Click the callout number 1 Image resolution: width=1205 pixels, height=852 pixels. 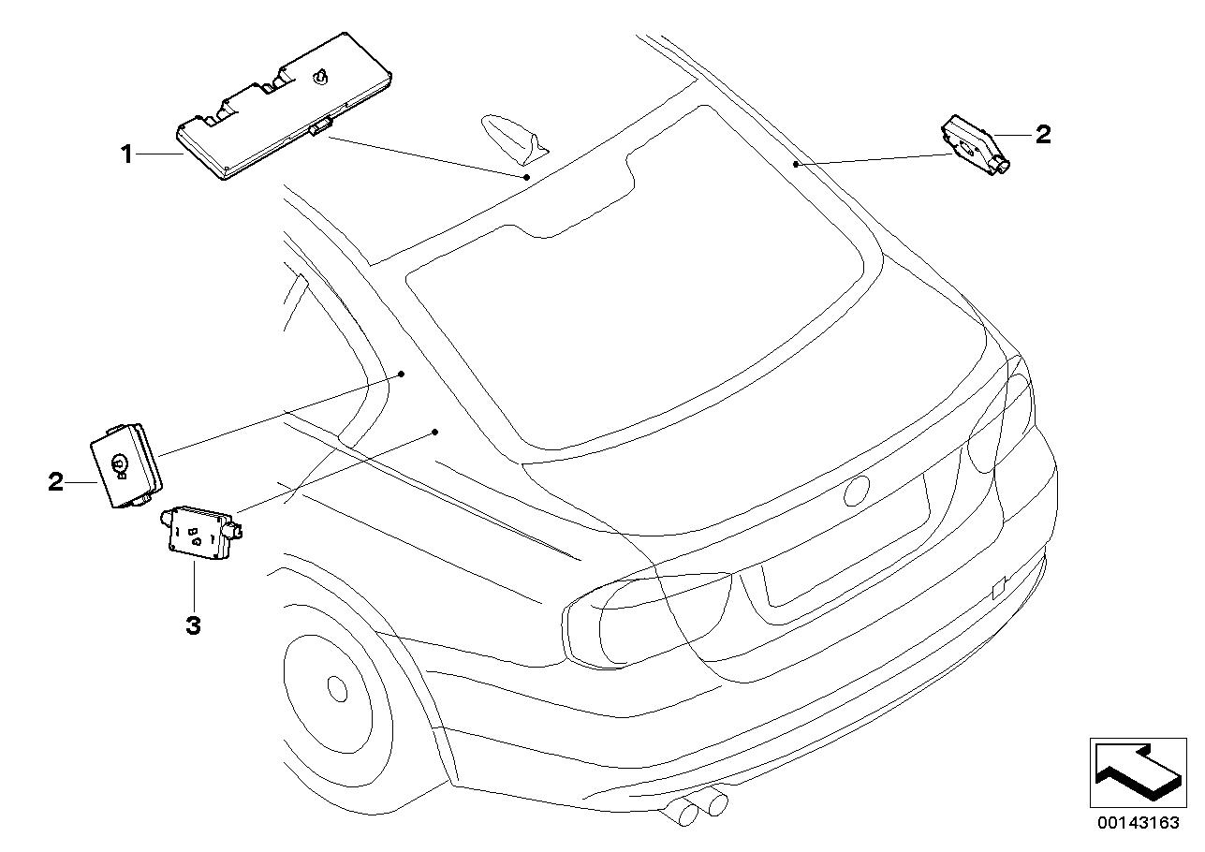[126, 154]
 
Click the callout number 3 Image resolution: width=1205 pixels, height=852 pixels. [193, 624]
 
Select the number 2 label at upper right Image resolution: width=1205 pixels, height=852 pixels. [1042, 135]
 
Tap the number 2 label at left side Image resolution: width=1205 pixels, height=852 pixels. [56, 482]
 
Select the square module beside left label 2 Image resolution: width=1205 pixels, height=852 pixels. [125, 463]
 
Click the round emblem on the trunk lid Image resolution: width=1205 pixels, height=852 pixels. [857, 491]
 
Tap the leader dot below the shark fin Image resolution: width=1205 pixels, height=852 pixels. [527, 176]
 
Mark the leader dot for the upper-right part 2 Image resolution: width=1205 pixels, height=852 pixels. [795, 164]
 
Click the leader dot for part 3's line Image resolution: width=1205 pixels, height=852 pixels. [435, 432]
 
